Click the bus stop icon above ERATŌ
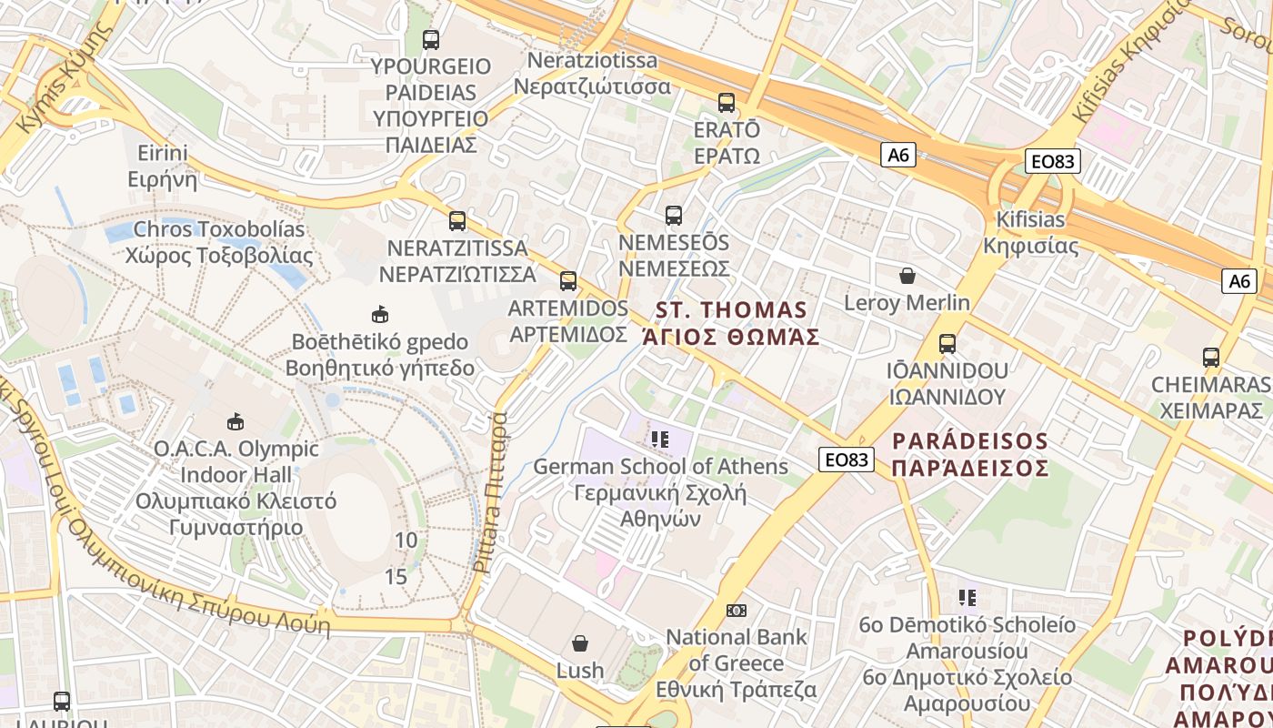point(726,103)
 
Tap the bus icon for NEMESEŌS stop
point(673,216)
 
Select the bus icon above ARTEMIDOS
point(568,280)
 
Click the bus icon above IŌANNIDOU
point(947,344)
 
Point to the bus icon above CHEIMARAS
point(1210,358)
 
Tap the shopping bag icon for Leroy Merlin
point(907,276)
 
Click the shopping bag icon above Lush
point(579,643)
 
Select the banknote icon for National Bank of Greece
point(737,610)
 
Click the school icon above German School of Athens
point(660,440)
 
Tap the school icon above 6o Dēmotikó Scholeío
point(967,598)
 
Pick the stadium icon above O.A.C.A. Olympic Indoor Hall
point(236,421)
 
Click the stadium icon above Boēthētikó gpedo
point(379,315)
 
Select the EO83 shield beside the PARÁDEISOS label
point(847,460)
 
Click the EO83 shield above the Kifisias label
point(1051,162)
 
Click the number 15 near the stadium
point(396,577)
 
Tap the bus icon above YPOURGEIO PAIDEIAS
point(431,40)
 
